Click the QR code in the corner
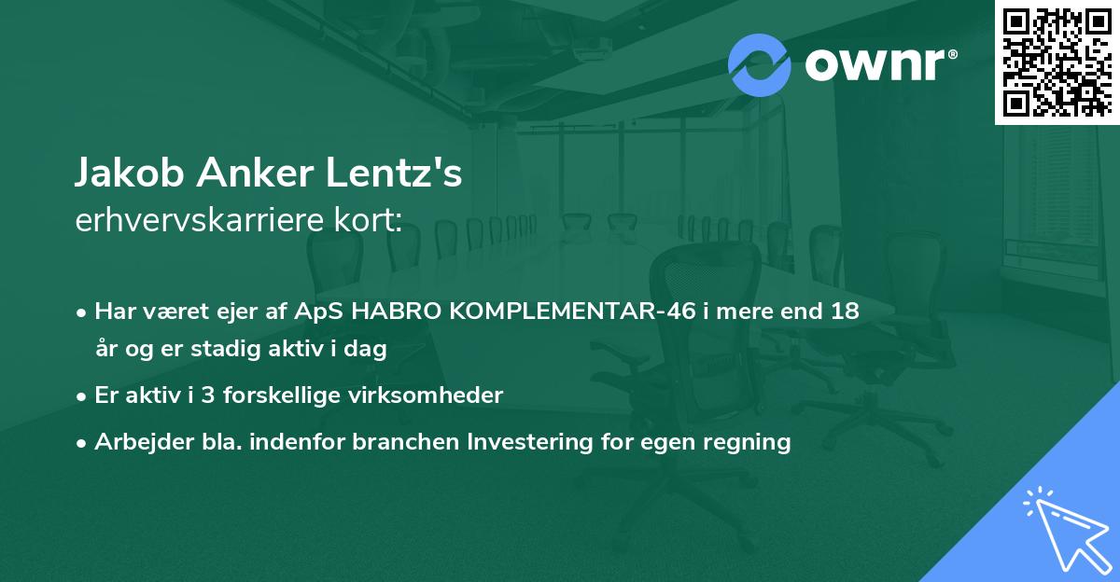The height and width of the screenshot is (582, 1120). (1057, 62)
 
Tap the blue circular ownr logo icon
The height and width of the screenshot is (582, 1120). (760, 63)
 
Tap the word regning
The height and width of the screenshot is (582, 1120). (748, 442)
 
